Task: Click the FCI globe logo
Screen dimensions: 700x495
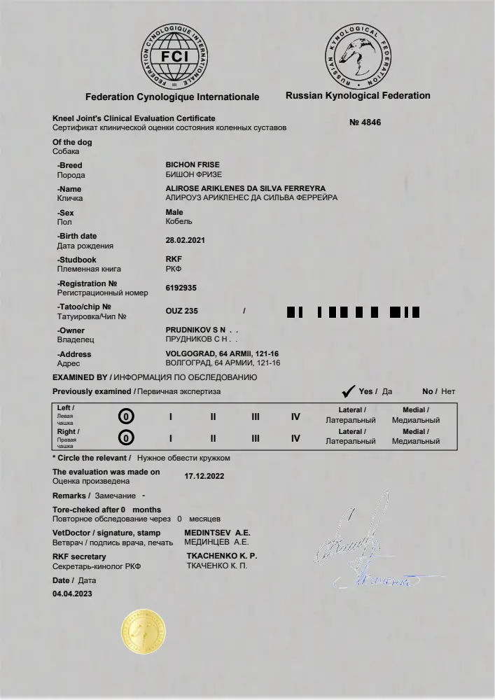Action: coord(175,56)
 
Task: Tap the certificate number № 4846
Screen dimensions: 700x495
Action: coord(365,122)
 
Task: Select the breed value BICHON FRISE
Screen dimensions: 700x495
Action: coord(193,165)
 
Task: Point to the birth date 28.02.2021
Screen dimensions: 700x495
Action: coord(186,240)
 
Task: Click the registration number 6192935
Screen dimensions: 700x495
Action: coord(181,288)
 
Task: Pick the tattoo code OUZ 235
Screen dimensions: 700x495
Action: coord(182,311)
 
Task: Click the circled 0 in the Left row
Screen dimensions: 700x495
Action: coord(126,416)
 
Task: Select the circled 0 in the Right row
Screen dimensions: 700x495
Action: coord(126,438)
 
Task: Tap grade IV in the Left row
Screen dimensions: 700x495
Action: coord(295,416)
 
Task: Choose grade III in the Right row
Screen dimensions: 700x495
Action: coord(256,438)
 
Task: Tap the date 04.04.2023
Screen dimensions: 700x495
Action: coord(72,594)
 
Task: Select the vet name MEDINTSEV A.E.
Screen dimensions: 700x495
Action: coord(216,533)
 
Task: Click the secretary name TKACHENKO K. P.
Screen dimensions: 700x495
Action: coord(221,556)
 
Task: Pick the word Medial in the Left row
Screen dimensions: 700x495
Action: coord(415,410)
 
